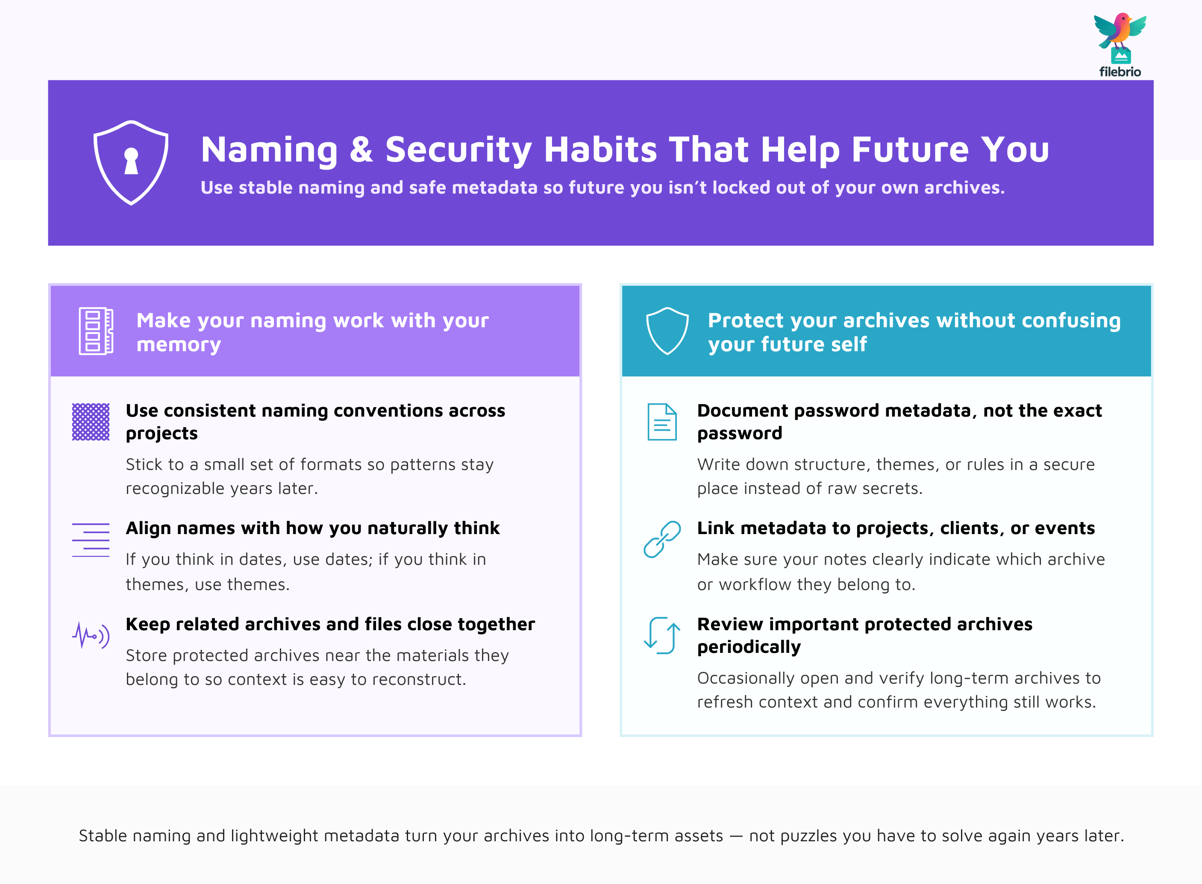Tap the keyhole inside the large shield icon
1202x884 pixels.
(131, 161)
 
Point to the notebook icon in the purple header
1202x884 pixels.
(96, 331)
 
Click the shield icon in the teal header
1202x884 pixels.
(667, 331)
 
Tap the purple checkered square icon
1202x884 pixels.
(91, 422)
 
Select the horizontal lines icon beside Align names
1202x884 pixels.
(91, 540)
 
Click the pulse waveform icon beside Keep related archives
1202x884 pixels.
(91, 635)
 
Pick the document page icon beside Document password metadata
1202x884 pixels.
(662, 422)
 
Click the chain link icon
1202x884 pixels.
(662, 539)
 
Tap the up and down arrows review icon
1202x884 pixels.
(662, 635)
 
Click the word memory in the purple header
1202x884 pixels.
(179, 345)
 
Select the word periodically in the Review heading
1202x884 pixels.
(749, 647)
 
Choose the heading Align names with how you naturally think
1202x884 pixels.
(312, 528)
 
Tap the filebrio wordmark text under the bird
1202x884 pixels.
(1120, 72)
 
